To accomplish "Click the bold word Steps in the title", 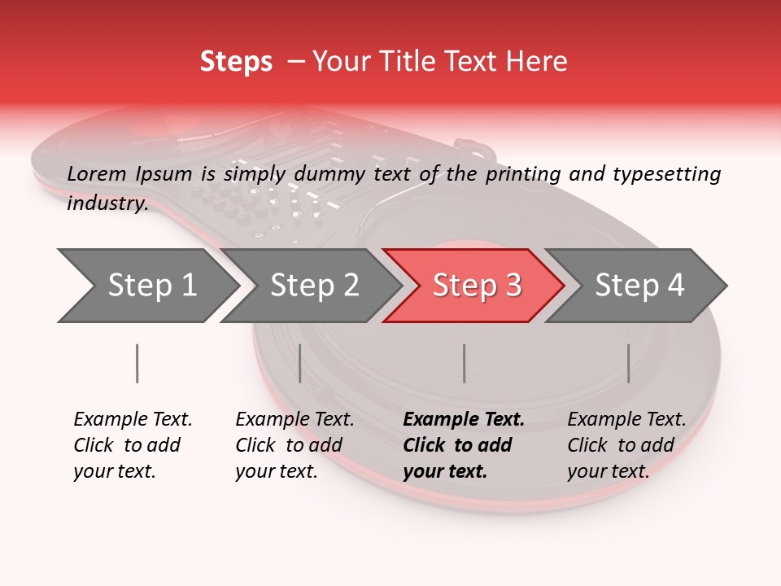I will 236,62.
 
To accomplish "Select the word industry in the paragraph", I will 107,203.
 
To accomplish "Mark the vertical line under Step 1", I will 137,363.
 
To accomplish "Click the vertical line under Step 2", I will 300,363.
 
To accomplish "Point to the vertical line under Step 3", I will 464,363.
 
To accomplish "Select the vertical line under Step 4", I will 628,363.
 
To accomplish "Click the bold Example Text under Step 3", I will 464,420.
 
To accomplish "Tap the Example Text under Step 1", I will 133,420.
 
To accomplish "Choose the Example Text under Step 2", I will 295,420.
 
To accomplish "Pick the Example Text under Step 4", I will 626,420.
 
